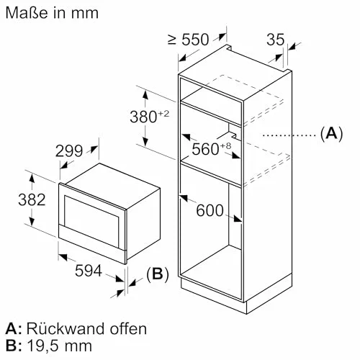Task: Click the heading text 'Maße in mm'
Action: coord(52,13)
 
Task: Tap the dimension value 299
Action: coord(69,151)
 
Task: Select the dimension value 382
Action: coord(32,199)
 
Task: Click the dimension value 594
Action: coord(89,271)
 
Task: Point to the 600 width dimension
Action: coord(210,210)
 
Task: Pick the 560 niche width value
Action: coord(205,149)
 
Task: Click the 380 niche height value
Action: coord(143,117)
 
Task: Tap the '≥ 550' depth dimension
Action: coord(189,40)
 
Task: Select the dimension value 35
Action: coord(276,40)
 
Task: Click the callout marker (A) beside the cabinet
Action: coord(332,133)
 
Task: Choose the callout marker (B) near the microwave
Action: coord(158,274)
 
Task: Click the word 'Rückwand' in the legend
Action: coord(66,328)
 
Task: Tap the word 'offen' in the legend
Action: coord(128,328)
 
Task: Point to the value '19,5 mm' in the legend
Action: coord(59,346)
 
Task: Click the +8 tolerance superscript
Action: coord(225,145)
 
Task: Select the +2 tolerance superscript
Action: coord(163,114)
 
